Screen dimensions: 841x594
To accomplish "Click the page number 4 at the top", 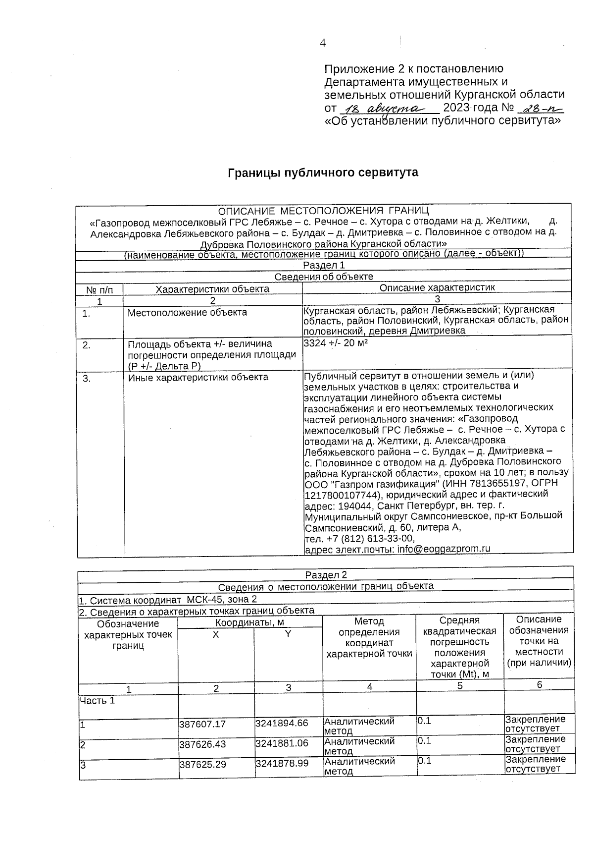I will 323,43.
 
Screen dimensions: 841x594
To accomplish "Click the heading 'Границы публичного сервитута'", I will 323,172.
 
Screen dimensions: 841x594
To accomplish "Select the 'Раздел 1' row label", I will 324,265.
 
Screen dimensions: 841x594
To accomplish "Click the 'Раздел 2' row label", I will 326,574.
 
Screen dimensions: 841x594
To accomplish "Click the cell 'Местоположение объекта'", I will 187,313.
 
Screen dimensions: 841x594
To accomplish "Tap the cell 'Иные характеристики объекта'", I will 198,377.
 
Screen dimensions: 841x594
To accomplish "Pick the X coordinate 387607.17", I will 202,724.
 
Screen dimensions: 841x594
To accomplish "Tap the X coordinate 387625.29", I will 202,765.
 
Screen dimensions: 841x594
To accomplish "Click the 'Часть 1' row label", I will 97,700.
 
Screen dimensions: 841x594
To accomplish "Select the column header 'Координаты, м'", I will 249,622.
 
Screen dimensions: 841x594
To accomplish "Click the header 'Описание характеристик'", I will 437,287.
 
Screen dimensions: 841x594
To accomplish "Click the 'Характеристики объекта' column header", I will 212,289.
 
